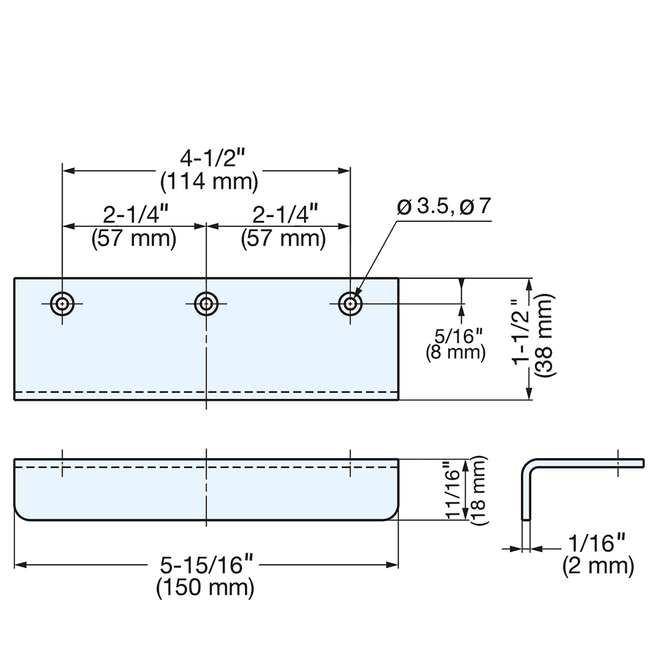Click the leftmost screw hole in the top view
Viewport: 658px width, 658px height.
point(63,303)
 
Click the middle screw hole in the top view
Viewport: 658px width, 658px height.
point(207,303)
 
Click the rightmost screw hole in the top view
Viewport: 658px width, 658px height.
point(349,303)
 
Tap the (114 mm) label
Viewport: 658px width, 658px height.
point(209,181)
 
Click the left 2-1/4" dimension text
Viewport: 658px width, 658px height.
point(134,215)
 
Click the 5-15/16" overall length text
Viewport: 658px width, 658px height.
point(206,565)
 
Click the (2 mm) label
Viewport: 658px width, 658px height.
point(598,565)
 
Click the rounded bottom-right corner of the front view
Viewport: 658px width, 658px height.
point(393,516)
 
